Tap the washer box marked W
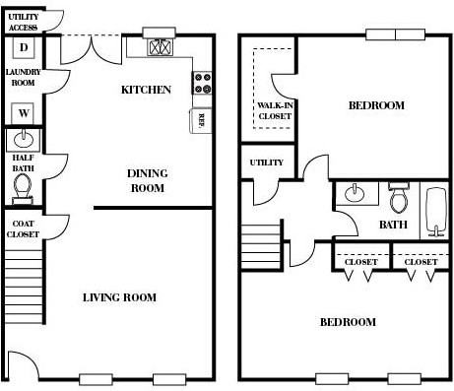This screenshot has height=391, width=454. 23,112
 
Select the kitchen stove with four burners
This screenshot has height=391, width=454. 204,84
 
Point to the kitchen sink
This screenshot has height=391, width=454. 159,45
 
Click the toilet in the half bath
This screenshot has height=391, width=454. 25,183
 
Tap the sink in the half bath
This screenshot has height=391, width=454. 24,139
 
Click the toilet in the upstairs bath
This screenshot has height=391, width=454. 399,199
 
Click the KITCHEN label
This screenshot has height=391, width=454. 146,90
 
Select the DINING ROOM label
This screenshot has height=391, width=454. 147,180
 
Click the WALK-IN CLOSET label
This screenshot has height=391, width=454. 274,109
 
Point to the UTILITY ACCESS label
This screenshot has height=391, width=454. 23,23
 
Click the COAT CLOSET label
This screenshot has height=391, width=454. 23,228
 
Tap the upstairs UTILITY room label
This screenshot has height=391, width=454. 266,163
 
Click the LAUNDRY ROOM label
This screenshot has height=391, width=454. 23,79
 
